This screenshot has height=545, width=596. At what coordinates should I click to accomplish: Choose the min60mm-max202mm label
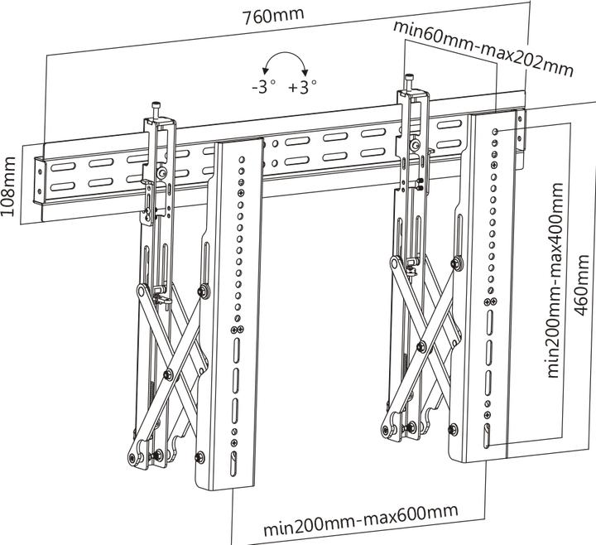click(483, 47)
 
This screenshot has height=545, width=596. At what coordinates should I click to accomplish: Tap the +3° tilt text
click(303, 87)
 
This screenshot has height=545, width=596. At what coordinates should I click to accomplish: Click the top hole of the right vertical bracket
click(495, 131)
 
